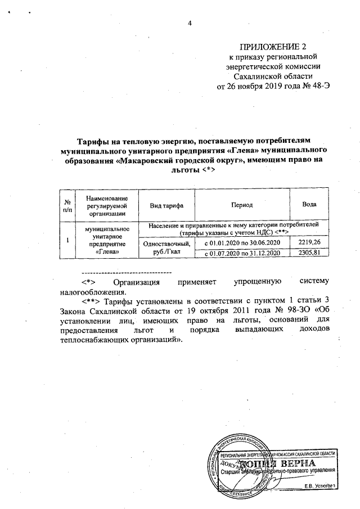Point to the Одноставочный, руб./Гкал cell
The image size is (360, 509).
click(168, 248)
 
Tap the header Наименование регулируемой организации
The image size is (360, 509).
click(105, 206)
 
